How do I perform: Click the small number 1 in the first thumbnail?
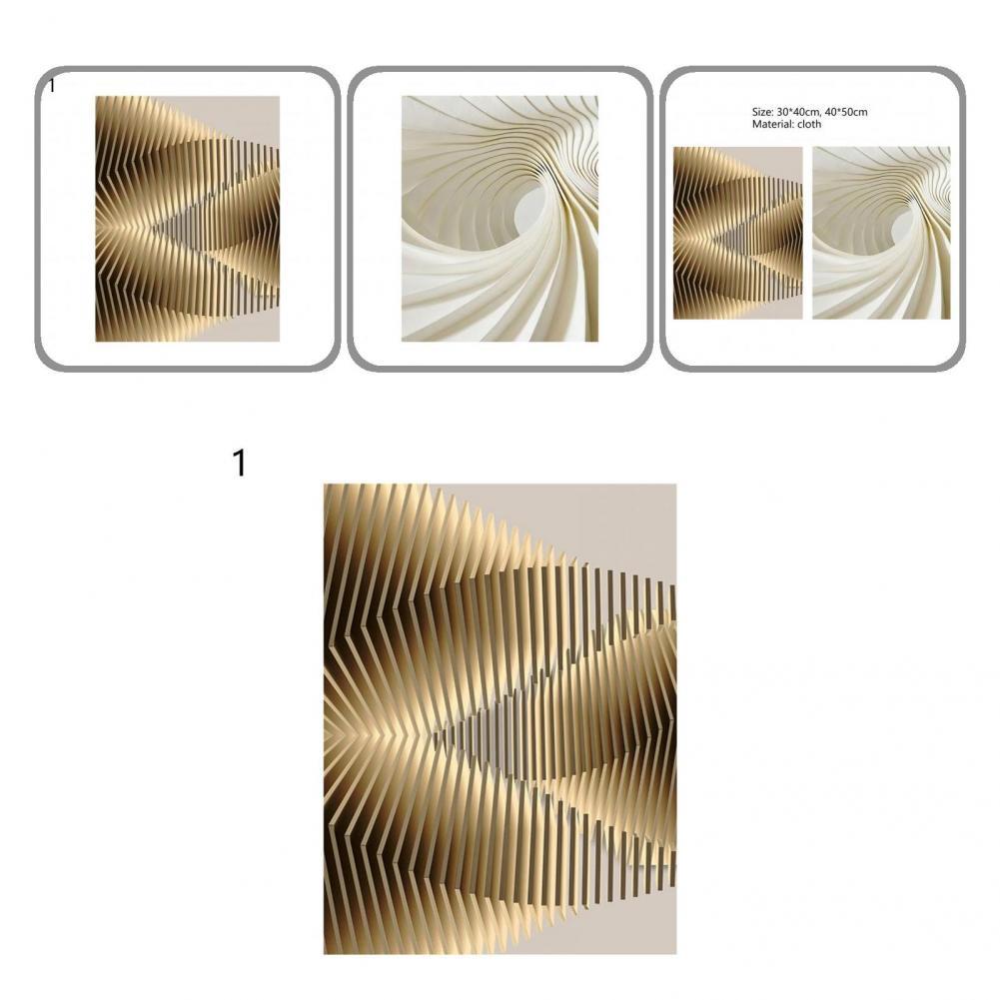pos(52,86)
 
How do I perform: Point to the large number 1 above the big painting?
pos(239,464)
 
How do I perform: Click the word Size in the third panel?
pos(762,113)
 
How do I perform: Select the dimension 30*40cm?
pos(801,113)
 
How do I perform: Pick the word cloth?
pos(807,125)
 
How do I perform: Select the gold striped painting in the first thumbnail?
pos(187,219)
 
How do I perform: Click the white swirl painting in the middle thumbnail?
pos(500,219)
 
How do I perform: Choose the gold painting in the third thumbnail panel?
pos(737,233)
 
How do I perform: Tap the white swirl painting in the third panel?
pos(881,233)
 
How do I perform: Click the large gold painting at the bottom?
pos(500,718)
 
